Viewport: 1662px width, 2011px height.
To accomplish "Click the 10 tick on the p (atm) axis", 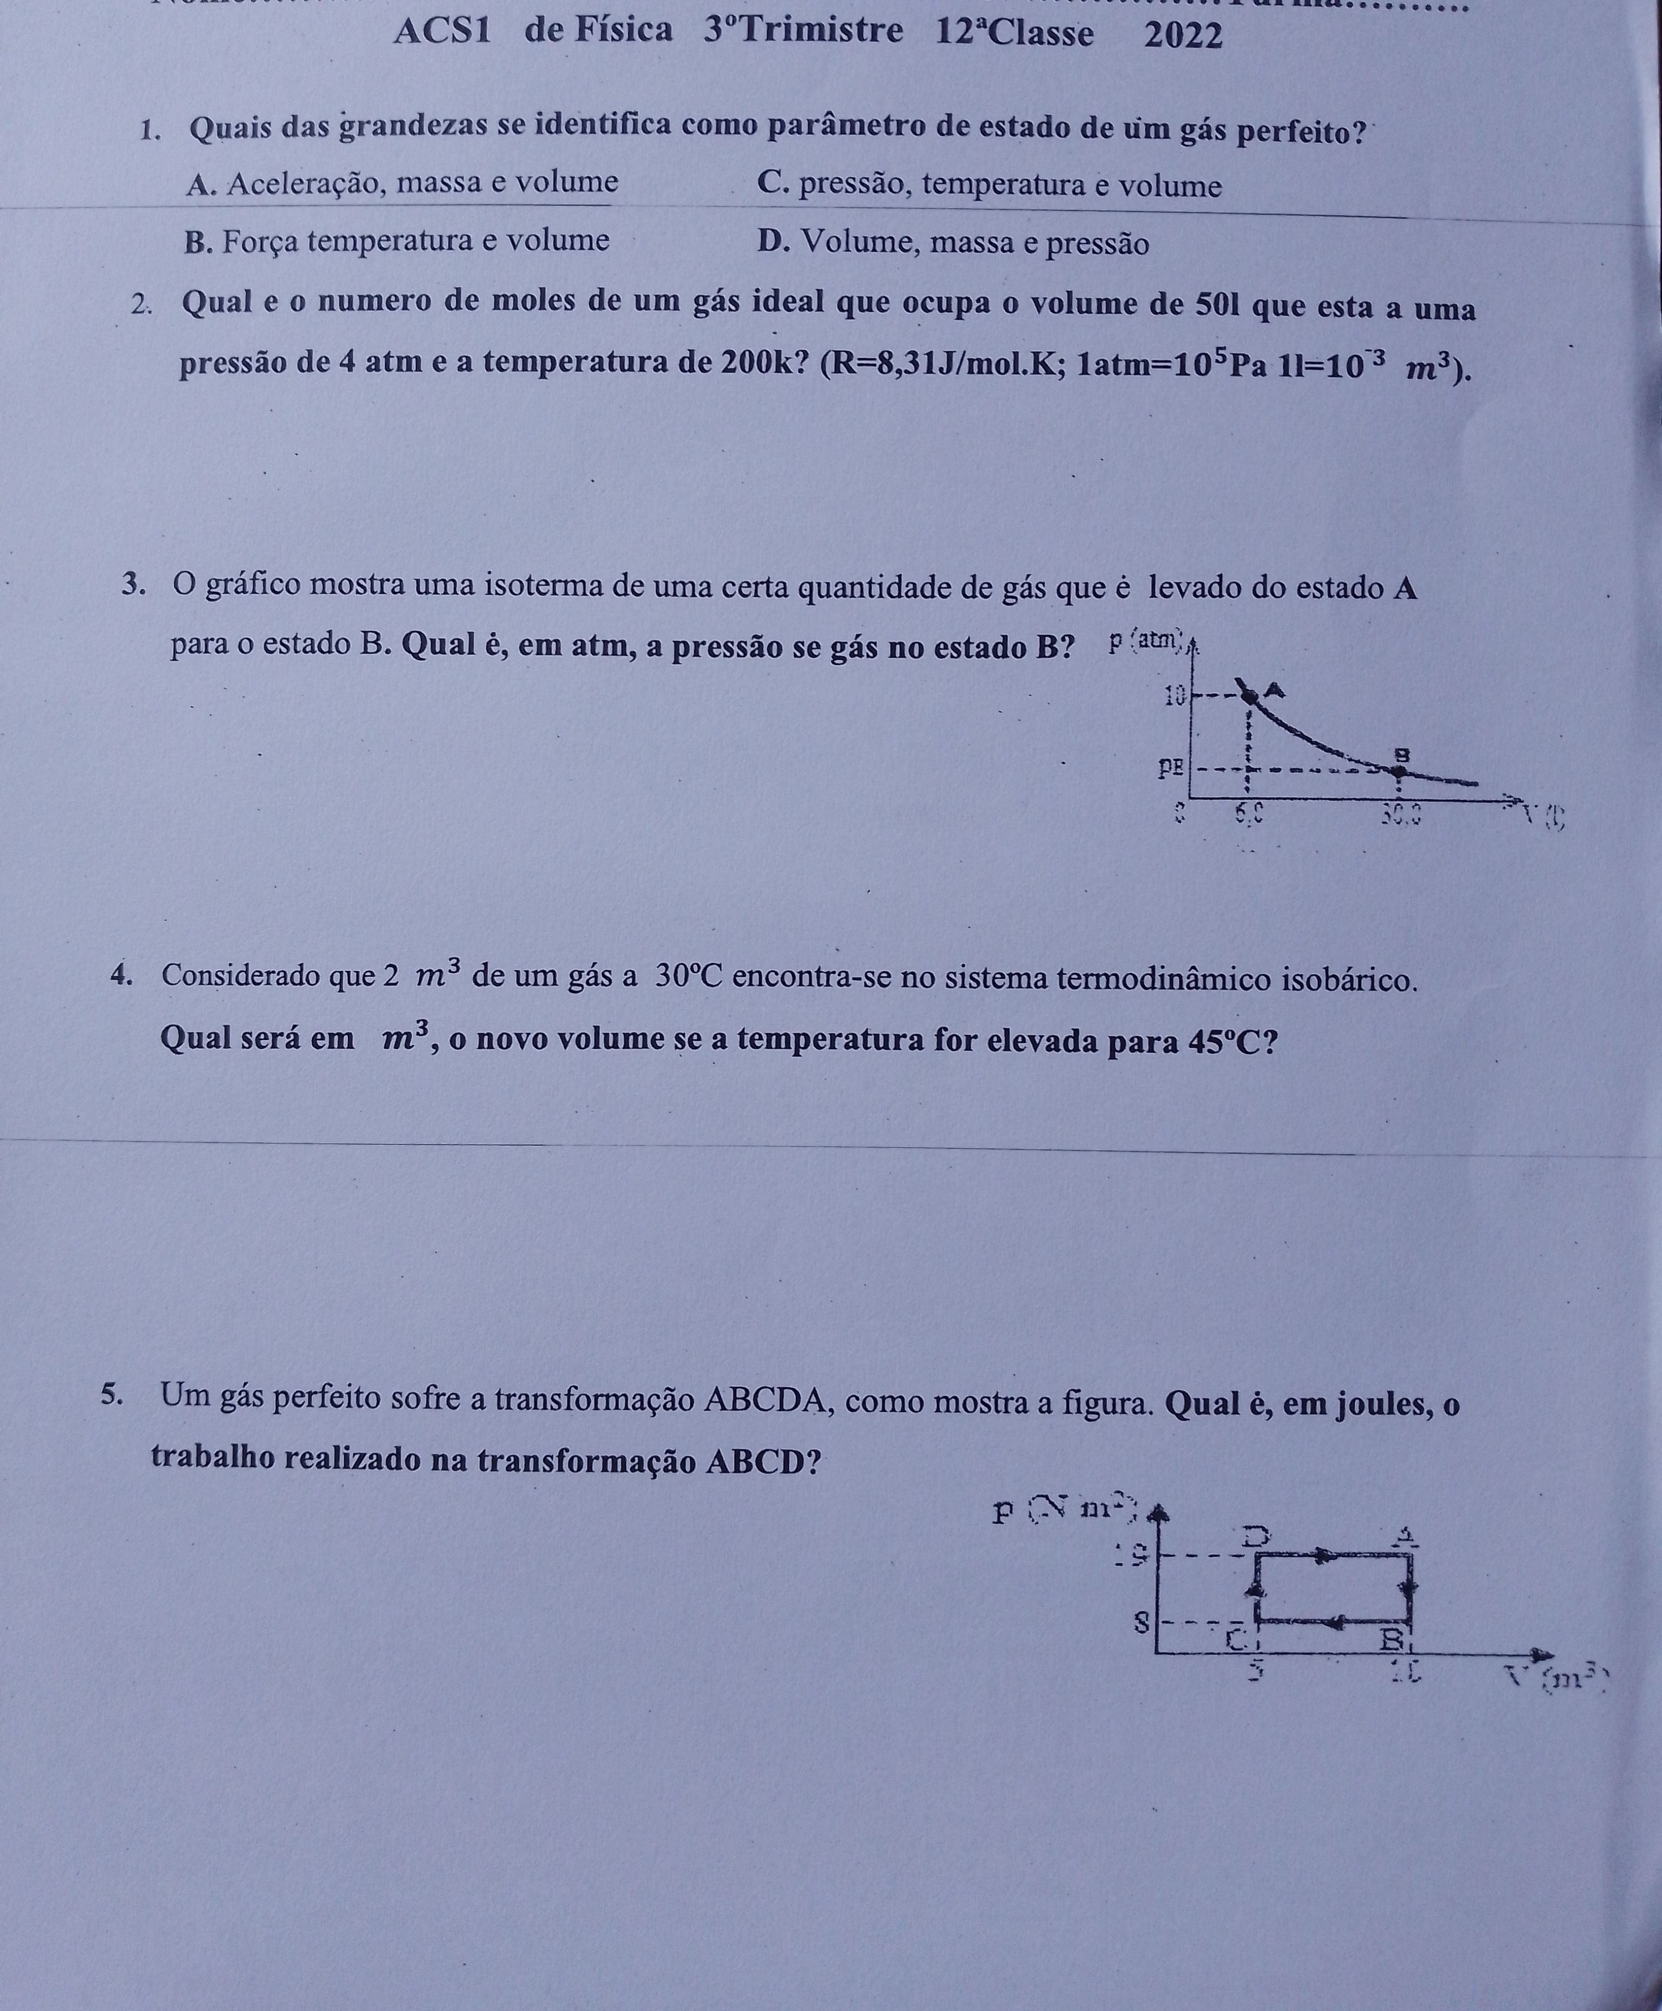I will (1175, 696).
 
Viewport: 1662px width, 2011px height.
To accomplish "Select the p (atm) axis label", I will (1146, 642).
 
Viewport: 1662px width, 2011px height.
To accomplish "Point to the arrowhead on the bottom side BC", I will (1337, 1621).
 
